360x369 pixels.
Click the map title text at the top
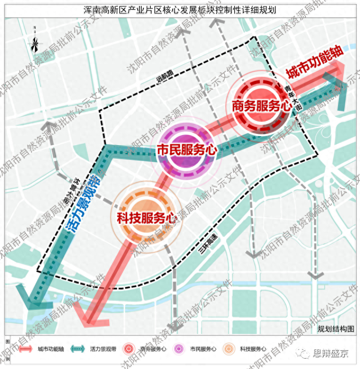(x=180, y=9)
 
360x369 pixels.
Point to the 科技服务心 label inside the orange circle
(x=145, y=218)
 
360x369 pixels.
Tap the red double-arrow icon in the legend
(x=24, y=349)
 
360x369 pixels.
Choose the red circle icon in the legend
(x=130, y=349)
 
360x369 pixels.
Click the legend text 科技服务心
(x=252, y=349)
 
